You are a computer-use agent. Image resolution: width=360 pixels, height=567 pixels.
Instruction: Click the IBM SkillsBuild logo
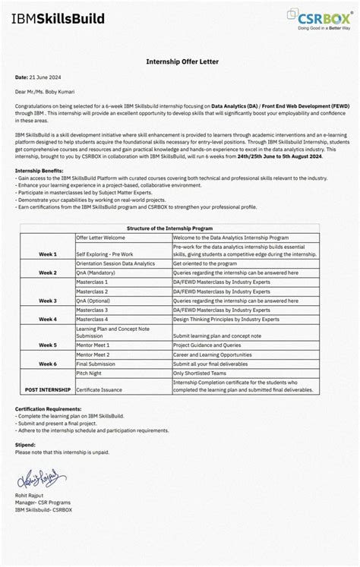58,19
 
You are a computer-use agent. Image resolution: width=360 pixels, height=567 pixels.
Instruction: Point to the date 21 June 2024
43,77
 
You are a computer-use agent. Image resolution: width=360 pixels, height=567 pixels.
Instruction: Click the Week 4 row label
48,320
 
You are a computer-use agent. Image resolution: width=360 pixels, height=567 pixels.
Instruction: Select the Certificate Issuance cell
99,389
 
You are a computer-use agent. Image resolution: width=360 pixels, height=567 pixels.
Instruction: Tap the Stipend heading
26,445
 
